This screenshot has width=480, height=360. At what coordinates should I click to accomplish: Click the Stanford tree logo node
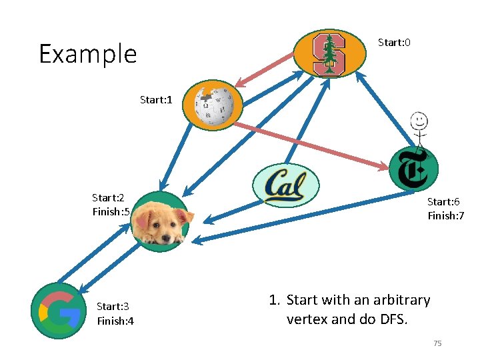329,54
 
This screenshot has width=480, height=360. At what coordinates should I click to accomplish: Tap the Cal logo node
286,185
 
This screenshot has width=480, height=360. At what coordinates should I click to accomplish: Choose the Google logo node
59,311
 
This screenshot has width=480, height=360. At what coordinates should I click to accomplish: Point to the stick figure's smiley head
419,121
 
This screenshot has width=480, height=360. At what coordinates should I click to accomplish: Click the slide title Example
87,54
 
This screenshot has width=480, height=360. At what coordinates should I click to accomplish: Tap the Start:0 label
394,43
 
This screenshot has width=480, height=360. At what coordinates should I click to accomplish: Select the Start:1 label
156,100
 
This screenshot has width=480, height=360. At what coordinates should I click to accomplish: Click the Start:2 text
108,197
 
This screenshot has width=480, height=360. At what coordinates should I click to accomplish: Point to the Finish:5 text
111,212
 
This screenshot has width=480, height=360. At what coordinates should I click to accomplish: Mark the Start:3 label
113,307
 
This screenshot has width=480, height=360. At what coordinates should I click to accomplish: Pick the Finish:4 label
115,321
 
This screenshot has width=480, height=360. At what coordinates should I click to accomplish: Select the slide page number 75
437,343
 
